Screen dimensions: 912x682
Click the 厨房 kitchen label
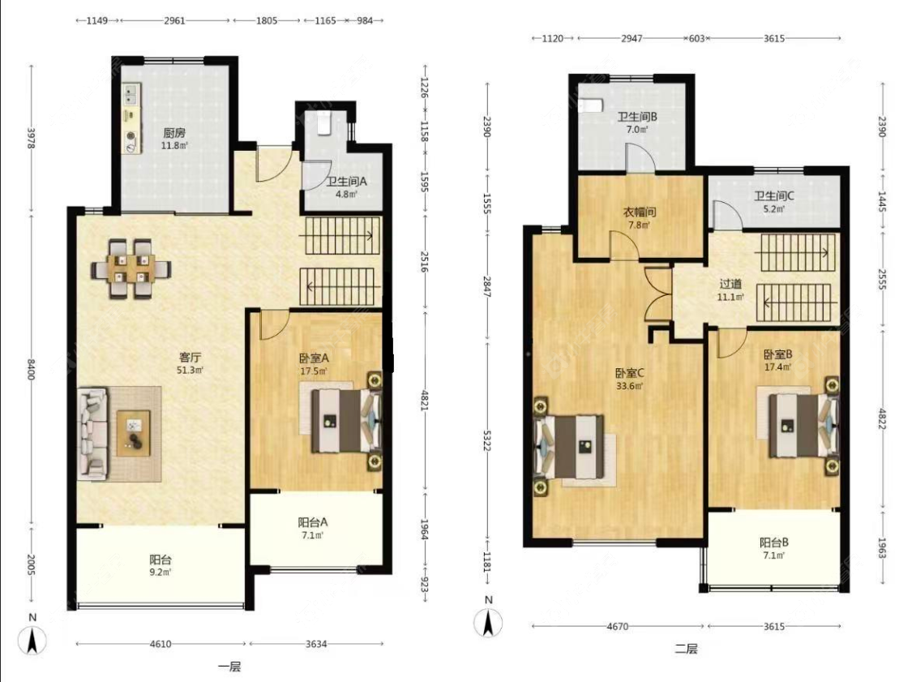tap(174, 133)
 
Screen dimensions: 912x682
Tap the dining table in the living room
tap(131, 269)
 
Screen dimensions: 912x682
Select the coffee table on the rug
tap(134, 433)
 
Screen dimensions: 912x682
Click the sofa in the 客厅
tap(93, 434)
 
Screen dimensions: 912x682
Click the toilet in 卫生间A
tap(324, 122)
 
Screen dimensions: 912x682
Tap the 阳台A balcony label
tap(312, 522)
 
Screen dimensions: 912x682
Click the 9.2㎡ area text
tap(161, 572)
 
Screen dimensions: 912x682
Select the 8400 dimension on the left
tap(31, 370)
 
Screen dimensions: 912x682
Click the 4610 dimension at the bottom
tap(161, 644)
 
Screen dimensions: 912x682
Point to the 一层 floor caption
tap(229, 667)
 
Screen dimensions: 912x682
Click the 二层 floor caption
tap(687, 649)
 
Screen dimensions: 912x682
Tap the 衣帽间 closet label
tap(640, 212)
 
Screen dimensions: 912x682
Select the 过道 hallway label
tap(730, 284)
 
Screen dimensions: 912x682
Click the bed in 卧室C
tap(570, 446)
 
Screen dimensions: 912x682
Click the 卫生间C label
tap(773, 196)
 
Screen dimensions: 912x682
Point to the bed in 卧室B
tap(803, 426)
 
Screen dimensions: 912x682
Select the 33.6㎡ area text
tap(629, 386)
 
